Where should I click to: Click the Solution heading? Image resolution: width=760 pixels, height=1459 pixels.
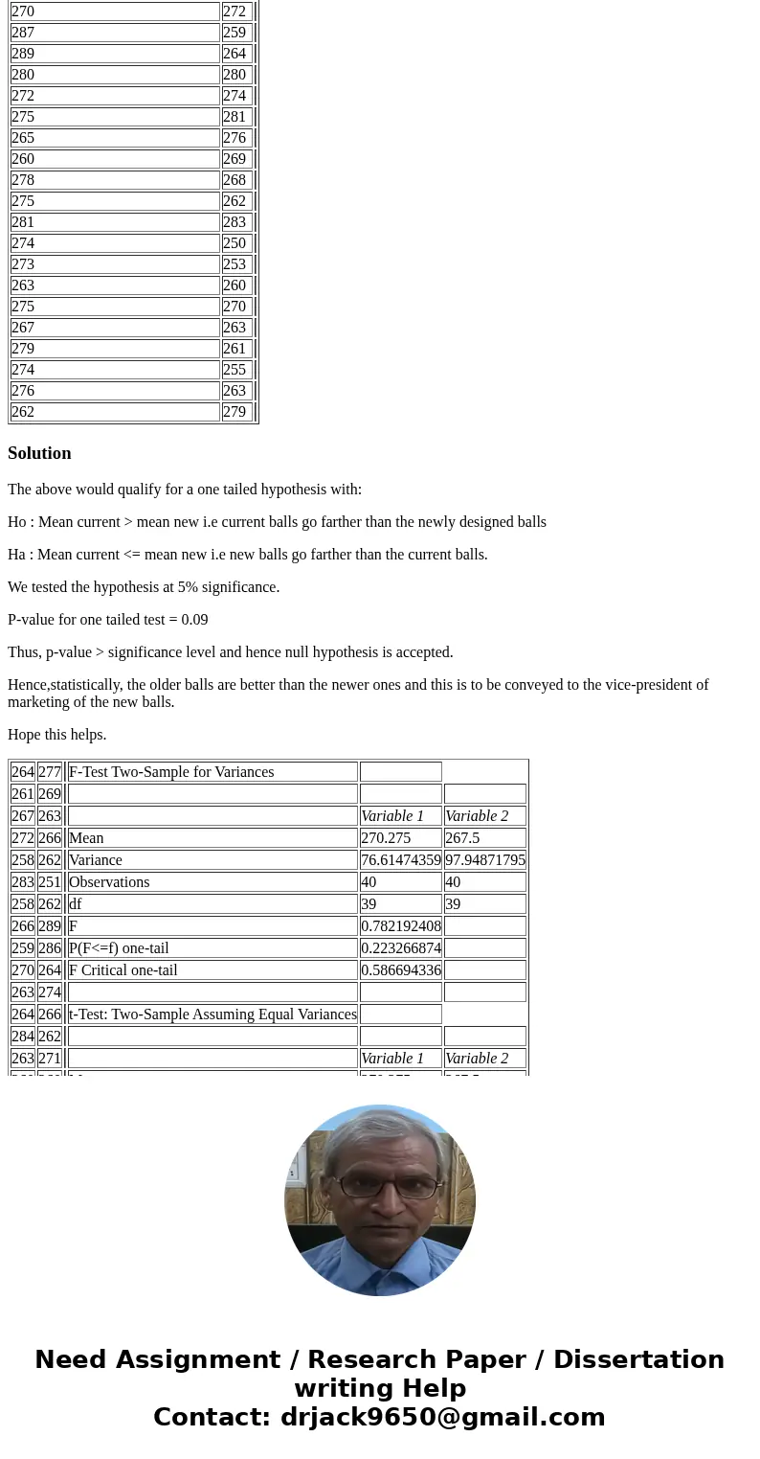[x=39, y=453]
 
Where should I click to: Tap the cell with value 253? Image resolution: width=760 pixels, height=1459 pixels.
[x=235, y=264]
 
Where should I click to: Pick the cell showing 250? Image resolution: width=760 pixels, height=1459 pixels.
[x=235, y=243]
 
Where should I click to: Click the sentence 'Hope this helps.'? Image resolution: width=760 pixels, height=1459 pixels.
[x=57, y=735]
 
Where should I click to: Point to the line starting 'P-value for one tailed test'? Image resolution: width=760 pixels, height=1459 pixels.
[x=107, y=620]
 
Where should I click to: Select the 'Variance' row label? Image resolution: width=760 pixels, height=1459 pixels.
[x=96, y=860]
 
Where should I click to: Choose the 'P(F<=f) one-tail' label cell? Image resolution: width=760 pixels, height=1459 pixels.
[x=119, y=948]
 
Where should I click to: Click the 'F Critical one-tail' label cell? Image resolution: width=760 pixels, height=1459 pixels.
[x=123, y=970]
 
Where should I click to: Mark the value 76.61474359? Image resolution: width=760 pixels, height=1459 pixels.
[x=401, y=860]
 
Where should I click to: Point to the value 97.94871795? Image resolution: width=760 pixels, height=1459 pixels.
[x=485, y=860]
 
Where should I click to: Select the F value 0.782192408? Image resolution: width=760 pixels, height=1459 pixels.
[x=401, y=926]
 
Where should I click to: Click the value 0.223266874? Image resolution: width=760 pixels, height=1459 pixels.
[x=401, y=948]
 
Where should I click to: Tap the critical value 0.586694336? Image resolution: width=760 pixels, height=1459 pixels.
[x=401, y=970]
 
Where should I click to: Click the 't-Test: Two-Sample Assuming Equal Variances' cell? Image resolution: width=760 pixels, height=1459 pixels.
[x=212, y=1014]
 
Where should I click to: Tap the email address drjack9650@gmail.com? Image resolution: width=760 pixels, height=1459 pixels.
[x=442, y=1418]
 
